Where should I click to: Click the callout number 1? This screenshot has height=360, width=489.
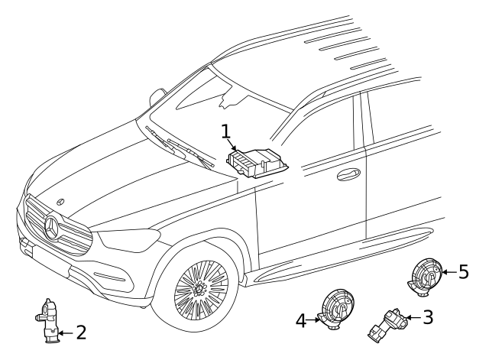point(226,132)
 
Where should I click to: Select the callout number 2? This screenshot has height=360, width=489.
point(80,332)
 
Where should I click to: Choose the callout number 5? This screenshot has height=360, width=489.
point(463,272)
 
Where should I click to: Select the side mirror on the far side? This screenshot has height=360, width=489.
point(157,96)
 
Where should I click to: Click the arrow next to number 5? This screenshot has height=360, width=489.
point(447,272)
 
